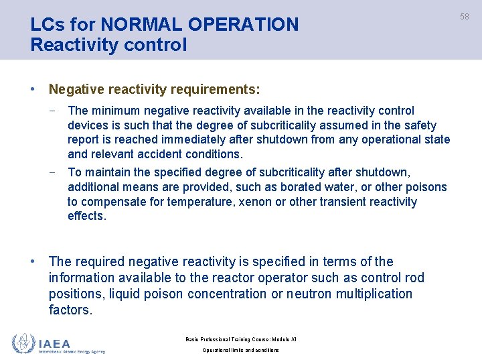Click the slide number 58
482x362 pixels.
(465, 15)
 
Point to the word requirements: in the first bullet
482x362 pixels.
(218, 89)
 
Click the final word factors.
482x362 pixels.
(70, 310)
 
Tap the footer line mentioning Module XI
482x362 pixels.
(240, 339)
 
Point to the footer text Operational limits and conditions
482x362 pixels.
(240, 351)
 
